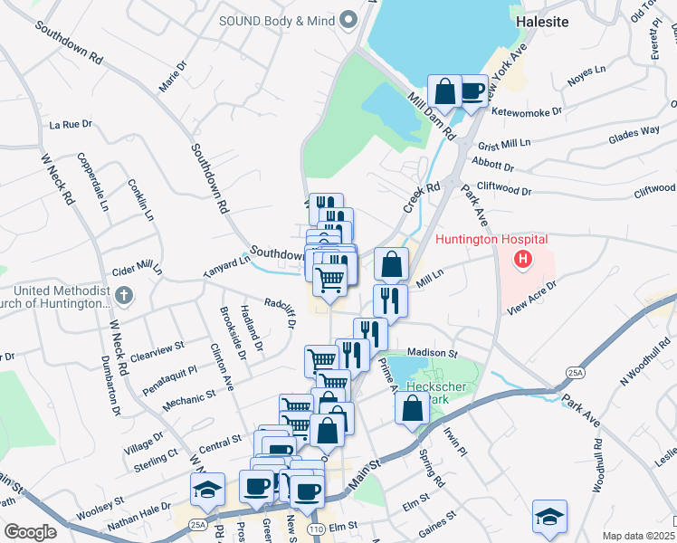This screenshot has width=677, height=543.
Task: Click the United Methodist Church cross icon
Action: pyautogui.click(x=125, y=295)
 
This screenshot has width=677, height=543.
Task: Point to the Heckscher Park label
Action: pyautogui.click(x=429, y=392)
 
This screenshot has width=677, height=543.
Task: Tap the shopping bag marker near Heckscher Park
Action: pyautogui.click(x=412, y=407)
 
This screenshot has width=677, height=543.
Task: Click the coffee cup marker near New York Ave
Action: pyautogui.click(x=471, y=91)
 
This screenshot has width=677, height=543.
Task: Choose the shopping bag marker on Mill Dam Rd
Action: pyautogui.click(x=444, y=91)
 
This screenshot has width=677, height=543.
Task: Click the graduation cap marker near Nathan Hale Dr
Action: pyautogui.click(x=207, y=490)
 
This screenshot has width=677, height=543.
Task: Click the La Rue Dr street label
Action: pyautogui.click(x=72, y=124)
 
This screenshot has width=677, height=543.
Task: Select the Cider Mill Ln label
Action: pyautogui.click(x=136, y=271)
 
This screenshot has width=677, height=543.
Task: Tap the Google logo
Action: pyautogui.click(x=30, y=532)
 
